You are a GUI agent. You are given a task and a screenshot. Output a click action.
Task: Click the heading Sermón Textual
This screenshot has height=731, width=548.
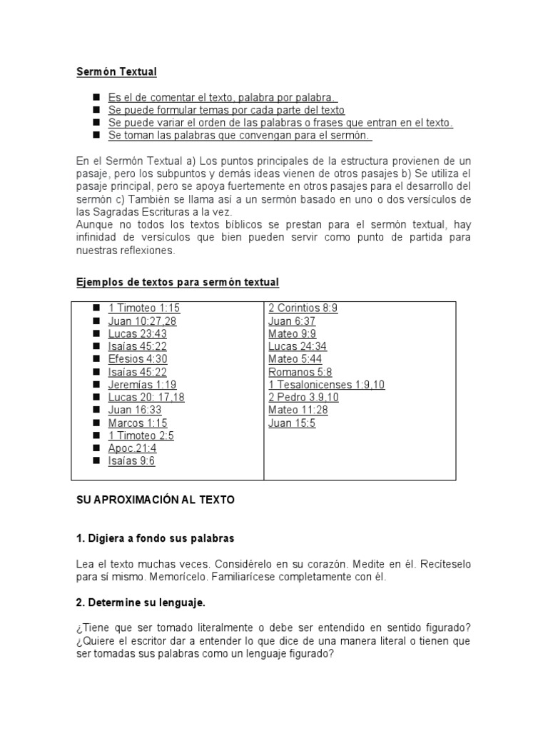(116, 71)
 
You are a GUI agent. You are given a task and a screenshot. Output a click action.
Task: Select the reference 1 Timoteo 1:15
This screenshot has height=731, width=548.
(143, 308)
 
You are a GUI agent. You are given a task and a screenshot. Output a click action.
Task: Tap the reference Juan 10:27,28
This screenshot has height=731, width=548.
(142, 321)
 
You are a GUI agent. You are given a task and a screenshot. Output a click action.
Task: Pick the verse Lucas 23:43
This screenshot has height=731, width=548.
(137, 334)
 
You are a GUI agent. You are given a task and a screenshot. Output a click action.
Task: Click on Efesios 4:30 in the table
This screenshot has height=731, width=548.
(138, 360)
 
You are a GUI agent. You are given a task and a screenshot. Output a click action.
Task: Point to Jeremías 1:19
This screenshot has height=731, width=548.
(142, 385)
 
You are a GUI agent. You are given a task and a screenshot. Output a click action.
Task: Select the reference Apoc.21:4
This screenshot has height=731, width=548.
(132, 448)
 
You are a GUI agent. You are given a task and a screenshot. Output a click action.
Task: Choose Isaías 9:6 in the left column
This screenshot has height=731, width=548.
(131, 461)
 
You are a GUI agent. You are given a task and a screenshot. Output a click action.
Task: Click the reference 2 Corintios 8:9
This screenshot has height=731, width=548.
(303, 308)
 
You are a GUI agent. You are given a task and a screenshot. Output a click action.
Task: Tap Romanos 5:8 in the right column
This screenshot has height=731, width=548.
(300, 372)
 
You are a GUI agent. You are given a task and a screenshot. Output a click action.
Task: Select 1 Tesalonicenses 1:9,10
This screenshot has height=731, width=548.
(326, 385)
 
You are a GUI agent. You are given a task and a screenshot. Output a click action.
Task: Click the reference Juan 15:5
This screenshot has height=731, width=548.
(291, 423)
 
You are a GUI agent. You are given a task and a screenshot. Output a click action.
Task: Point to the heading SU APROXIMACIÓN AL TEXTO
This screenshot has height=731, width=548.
(155, 500)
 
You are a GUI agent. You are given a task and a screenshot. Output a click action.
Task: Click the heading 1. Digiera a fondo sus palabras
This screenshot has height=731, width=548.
(155, 538)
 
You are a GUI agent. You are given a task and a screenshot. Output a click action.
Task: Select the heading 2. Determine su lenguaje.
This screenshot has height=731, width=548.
(141, 603)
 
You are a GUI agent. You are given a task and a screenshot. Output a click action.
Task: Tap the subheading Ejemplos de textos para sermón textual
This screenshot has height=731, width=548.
(177, 283)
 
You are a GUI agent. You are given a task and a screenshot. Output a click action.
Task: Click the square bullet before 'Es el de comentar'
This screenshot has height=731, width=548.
(96, 97)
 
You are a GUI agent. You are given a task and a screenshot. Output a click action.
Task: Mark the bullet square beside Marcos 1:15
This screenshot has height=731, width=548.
(96, 423)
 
